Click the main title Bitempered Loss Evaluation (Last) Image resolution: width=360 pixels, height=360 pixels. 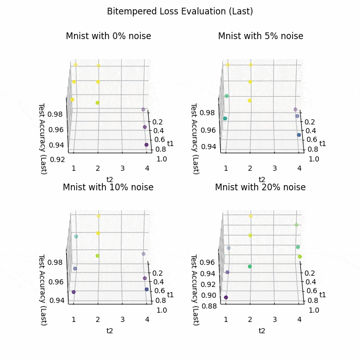pyautogui.click(x=180, y=11)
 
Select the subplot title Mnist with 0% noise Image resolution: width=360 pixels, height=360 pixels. pyautogui.click(x=109, y=36)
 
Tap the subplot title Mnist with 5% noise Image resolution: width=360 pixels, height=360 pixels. pyautogui.click(x=261, y=36)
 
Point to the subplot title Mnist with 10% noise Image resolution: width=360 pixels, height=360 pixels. pyautogui.click(x=108, y=187)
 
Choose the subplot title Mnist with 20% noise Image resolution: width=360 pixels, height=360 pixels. pyautogui.click(x=260, y=187)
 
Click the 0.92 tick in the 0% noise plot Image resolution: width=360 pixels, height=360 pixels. pyautogui.click(x=58, y=159)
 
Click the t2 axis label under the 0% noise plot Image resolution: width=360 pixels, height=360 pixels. pyautogui.click(x=110, y=179)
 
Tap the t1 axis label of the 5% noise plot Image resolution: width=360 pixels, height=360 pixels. pyautogui.click(x=323, y=143)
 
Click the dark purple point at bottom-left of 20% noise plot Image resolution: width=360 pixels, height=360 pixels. pyautogui.click(x=226, y=297)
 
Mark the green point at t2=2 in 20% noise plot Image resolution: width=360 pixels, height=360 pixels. pyautogui.click(x=250, y=266)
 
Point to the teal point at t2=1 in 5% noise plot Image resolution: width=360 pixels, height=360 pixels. pyautogui.click(x=225, y=119)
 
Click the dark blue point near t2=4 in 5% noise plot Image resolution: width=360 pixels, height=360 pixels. pyautogui.click(x=299, y=135)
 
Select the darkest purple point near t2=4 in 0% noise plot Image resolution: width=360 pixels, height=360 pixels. pyautogui.click(x=147, y=145)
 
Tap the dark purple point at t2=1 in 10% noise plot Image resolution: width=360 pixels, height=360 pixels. pyautogui.click(x=74, y=292)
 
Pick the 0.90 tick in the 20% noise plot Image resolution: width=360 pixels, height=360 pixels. pyautogui.click(x=210, y=295)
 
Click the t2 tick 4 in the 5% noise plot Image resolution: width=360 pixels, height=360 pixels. pyautogui.click(x=299, y=168)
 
